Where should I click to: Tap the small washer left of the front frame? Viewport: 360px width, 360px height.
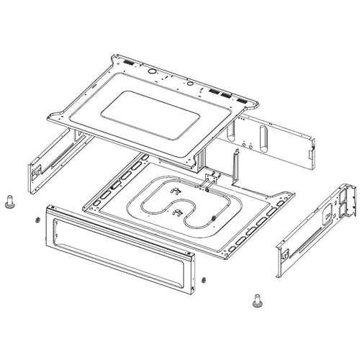(x=35, y=220)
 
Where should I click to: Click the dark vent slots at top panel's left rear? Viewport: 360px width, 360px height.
(x=128, y=63)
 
